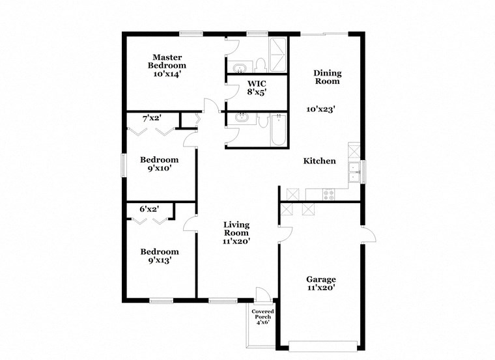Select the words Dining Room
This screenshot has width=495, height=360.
(x=327, y=77)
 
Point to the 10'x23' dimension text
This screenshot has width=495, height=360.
(x=321, y=109)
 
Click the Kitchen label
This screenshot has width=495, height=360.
(x=319, y=161)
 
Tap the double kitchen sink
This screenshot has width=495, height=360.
(x=355, y=171)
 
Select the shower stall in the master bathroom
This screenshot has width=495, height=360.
(x=279, y=55)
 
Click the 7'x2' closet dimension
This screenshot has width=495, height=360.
(x=152, y=118)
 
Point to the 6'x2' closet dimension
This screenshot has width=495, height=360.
(x=149, y=209)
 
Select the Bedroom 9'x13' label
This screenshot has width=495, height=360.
(x=160, y=256)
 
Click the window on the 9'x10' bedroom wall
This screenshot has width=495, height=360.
(x=123, y=163)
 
